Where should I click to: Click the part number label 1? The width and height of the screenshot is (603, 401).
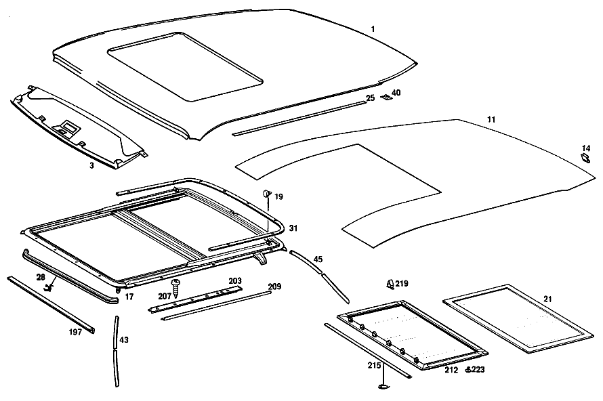pyautogui.click(x=373, y=29)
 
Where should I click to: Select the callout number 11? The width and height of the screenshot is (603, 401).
pyautogui.click(x=491, y=120)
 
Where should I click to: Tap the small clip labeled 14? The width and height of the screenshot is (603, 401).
pyautogui.click(x=585, y=158)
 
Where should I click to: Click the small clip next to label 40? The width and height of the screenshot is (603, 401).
pyautogui.click(x=386, y=98)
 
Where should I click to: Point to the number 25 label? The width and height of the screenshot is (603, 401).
pyautogui.click(x=371, y=98)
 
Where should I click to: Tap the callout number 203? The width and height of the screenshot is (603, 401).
pyautogui.click(x=235, y=280)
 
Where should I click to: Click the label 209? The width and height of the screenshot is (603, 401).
pyautogui.click(x=274, y=287)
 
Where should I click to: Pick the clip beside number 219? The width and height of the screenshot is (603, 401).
pyautogui.click(x=390, y=284)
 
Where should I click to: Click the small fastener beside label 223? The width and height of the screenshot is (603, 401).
pyautogui.click(x=468, y=369)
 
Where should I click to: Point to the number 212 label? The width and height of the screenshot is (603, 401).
pyautogui.click(x=451, y=370)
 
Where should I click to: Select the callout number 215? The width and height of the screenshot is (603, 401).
pyautogui.click(x=374, y=365)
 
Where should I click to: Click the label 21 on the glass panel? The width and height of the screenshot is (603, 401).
pyautogui.click(x=547, y=299)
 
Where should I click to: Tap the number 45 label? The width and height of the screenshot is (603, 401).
pyautogui.click(x=318, y=259)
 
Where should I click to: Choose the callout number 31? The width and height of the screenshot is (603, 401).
pyautogui.click(x=293, y=228)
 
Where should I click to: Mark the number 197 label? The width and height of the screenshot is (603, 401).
pyautogui.click(x=75, y=332)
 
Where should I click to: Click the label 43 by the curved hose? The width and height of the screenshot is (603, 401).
pyautogui.click(x=124, y=340)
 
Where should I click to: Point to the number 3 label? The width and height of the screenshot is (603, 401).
pyautogui.click(x=91, y=166)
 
